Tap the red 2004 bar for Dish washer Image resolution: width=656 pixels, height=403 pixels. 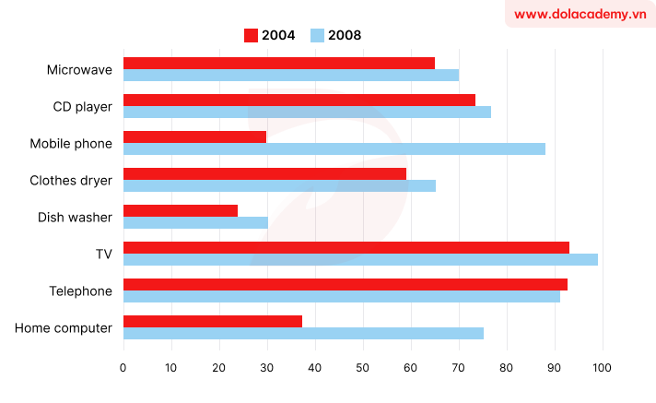181,210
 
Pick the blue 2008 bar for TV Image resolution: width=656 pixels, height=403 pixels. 360,259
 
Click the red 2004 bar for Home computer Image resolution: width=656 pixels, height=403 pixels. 213,321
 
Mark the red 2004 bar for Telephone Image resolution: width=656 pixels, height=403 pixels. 346,284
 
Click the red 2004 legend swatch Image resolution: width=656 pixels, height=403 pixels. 252,35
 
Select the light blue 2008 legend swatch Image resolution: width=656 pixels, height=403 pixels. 318,35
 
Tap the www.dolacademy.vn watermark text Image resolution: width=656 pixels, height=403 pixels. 580,14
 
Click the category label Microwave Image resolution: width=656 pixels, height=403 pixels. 79,69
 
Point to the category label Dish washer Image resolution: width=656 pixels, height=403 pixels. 75,217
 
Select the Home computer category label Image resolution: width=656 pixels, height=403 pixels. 64,327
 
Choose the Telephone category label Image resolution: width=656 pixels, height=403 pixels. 80,290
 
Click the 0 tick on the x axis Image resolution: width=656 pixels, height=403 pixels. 123,367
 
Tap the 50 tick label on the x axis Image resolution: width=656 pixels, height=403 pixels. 363,367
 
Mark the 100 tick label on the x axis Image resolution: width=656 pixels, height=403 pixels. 603,367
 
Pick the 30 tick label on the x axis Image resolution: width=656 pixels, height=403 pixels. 267,367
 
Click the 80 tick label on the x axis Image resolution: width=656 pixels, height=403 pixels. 507,367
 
